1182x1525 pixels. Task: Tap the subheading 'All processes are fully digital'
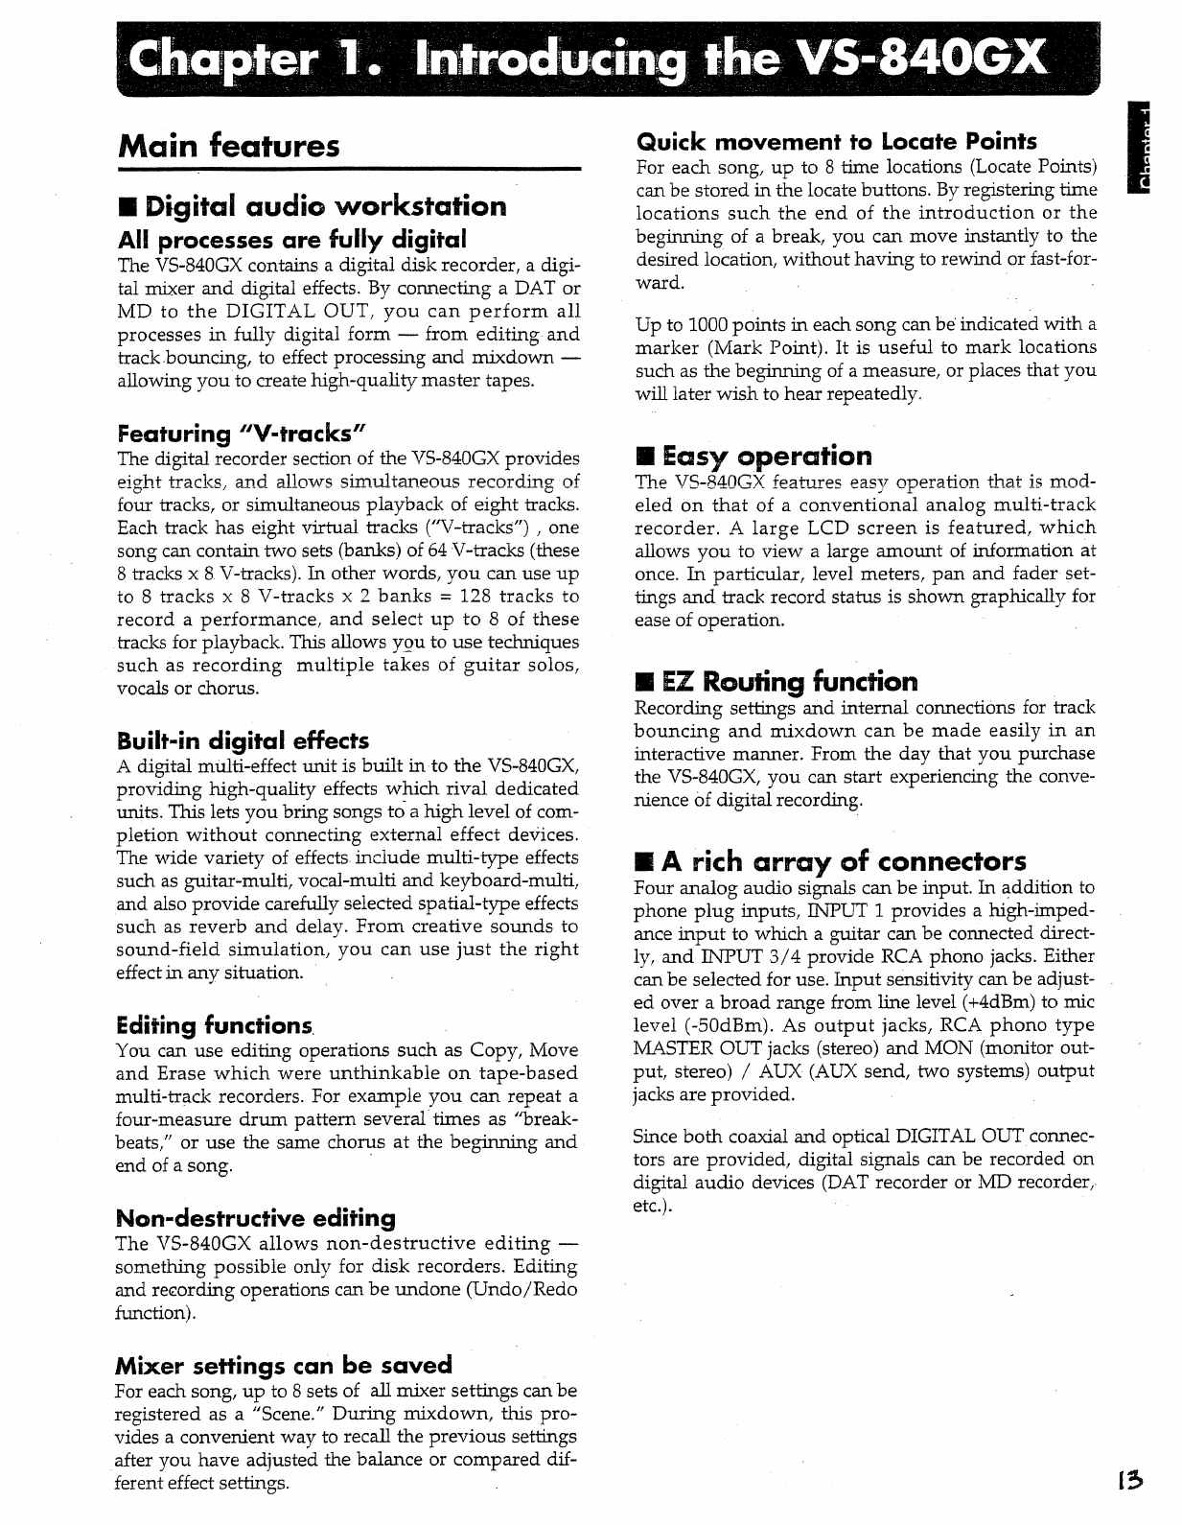point(291,238)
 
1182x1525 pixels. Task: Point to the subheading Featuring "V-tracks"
point(243,433)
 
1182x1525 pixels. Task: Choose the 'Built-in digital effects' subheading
point(243,740)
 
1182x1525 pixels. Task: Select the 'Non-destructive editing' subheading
point(255,1218)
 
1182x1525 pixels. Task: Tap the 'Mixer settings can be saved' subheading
point(283,1365)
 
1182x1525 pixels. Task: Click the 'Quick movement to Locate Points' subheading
point(837,142)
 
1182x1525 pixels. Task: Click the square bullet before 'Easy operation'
point(644,456)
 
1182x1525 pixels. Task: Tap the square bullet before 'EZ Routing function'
point(644,683)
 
